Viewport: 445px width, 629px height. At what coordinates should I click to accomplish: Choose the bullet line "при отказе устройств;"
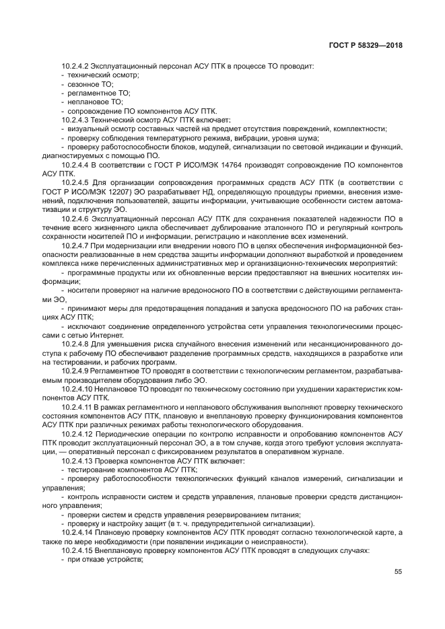click(106, 558)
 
